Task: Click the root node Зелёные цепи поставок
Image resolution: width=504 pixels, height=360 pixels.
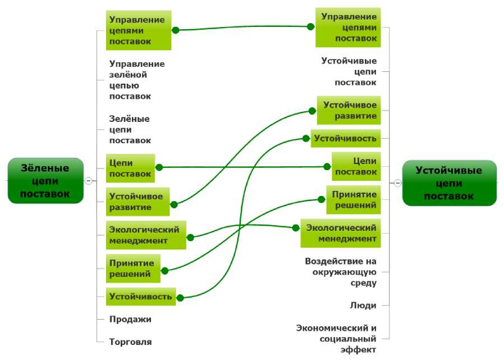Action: (45, 180)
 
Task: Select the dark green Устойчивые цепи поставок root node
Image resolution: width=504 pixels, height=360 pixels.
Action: (449, 183)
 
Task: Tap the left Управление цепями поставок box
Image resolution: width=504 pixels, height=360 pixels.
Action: (138, 30)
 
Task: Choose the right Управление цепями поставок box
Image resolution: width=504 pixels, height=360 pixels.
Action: (348, 28)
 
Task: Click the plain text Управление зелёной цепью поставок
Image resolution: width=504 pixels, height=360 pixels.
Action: (137, 80)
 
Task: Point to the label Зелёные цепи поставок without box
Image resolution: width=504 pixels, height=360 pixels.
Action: (130, 130)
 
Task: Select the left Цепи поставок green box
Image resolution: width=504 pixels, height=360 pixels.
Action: (130, 168)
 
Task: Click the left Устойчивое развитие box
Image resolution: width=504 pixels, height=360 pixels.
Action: (137, 202)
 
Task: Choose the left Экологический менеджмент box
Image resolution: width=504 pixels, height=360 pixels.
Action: (145, 235)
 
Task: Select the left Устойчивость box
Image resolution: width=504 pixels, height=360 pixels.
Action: (141, 296)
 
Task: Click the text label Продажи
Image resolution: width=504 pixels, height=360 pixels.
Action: (130, 319)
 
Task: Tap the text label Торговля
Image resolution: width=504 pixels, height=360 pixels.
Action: (130, 341)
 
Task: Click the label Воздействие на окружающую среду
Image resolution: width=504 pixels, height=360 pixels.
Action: (341, 272)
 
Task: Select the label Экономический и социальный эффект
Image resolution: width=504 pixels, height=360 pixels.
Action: (336, 339)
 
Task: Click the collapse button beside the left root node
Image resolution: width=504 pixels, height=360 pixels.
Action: (88, 180)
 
